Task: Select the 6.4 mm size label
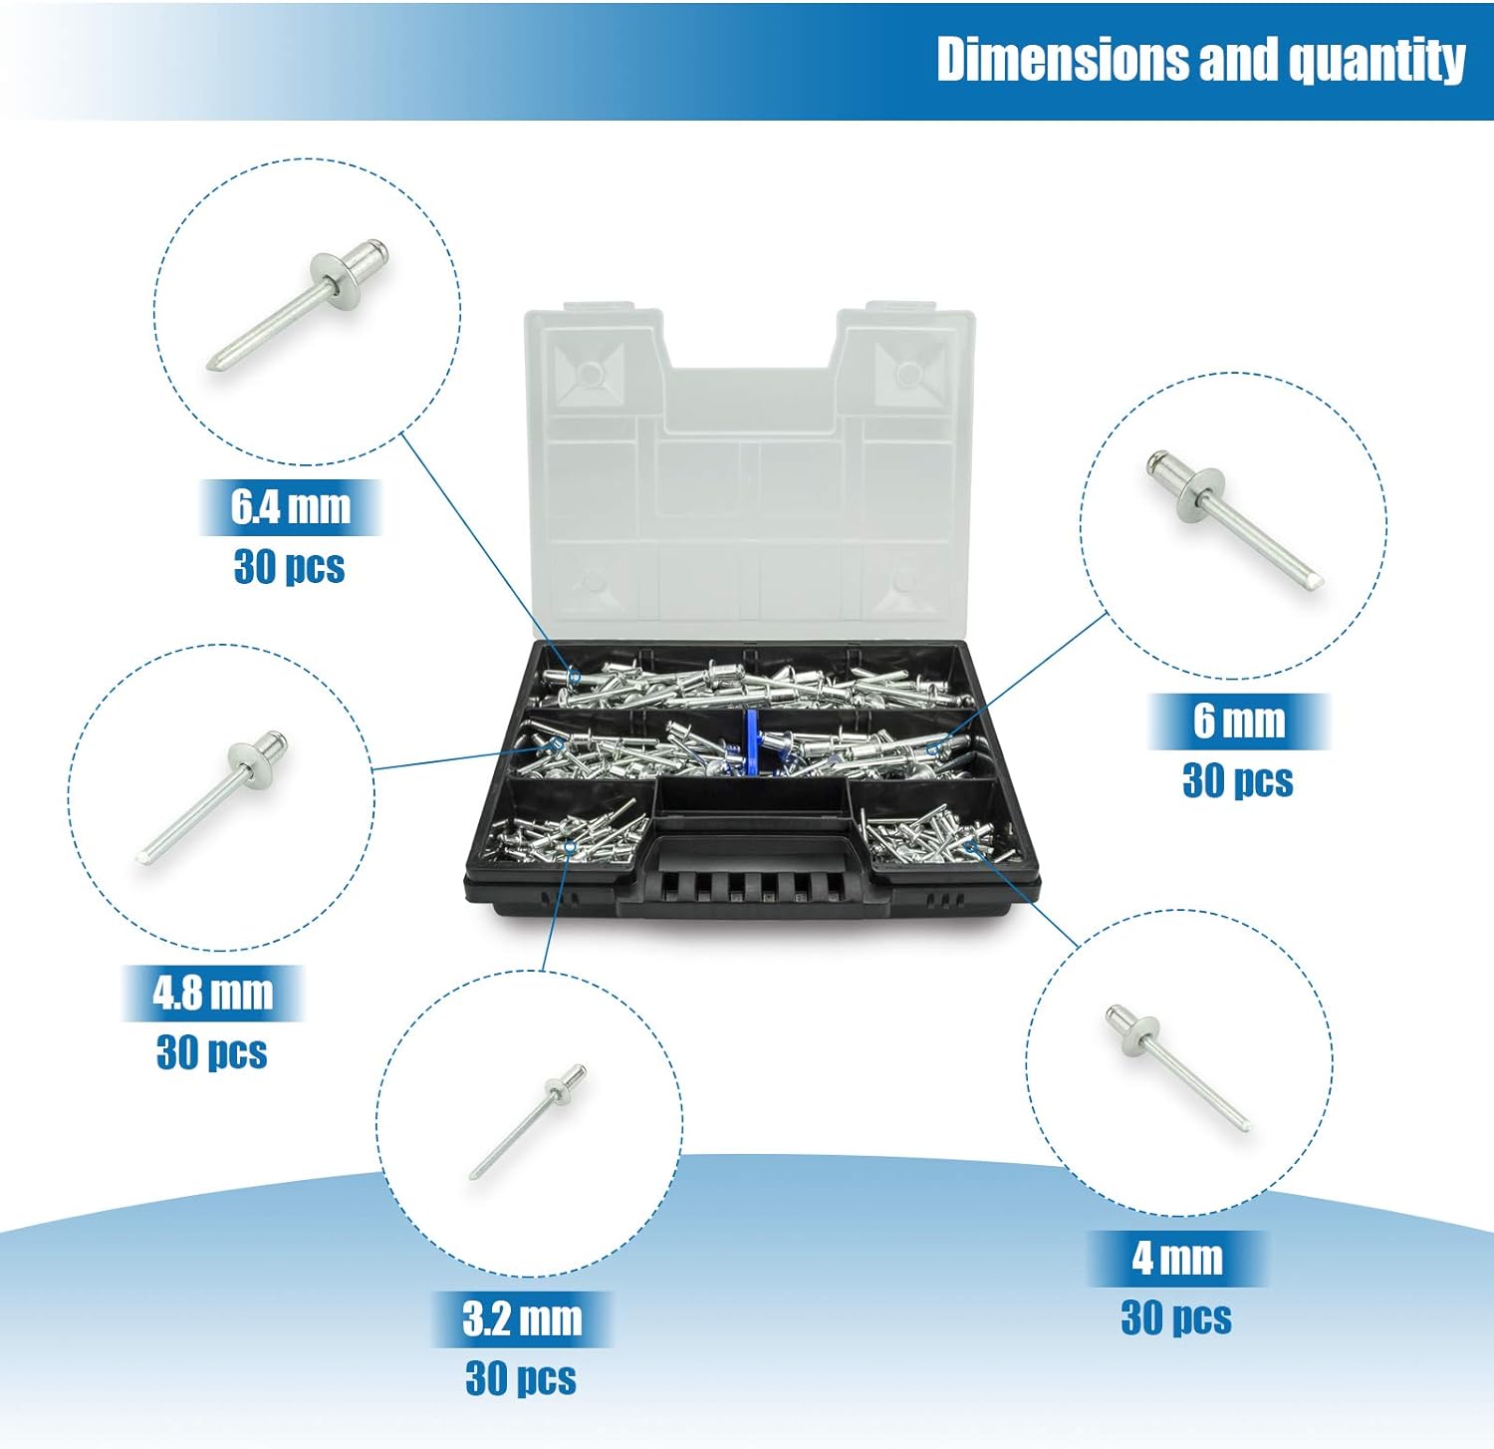(x=291, y=506)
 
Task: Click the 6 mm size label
(x=1239, y=721)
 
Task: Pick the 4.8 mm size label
(x=212, y=993)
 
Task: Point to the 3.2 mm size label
(x=522, y=1318)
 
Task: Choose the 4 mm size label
(x=1177, y=1258)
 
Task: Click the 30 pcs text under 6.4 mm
(x=290, y=567)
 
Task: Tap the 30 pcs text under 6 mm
(x=1238, y=781)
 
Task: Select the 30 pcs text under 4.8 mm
(x=212, y=1052)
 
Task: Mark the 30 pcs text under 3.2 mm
(x=521, y=1379)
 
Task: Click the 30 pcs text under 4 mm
(x=1176, y=1318)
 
